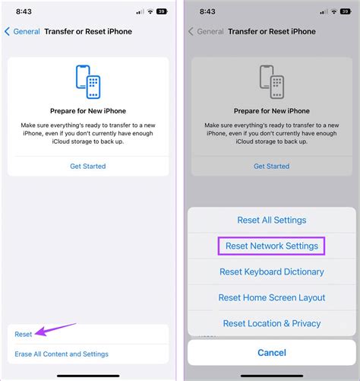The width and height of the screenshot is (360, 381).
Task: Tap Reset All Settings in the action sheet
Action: [271, 220]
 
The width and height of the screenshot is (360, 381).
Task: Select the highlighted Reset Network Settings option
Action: [271, 246]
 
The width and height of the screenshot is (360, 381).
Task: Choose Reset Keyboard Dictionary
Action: [271, 271]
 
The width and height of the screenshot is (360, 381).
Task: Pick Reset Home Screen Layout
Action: [271, 297]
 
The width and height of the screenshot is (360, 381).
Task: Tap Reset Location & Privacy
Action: [271, 323]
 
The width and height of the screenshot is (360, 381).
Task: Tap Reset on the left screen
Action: [24, 334]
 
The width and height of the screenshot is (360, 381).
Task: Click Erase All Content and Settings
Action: [62, 354]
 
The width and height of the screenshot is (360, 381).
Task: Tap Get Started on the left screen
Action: [88, 166]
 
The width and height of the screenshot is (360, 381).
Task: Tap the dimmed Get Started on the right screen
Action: [271, 166]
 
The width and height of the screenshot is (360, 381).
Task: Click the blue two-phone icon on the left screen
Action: [88, 81]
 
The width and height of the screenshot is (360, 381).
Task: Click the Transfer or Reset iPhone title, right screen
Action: [271, 32]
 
